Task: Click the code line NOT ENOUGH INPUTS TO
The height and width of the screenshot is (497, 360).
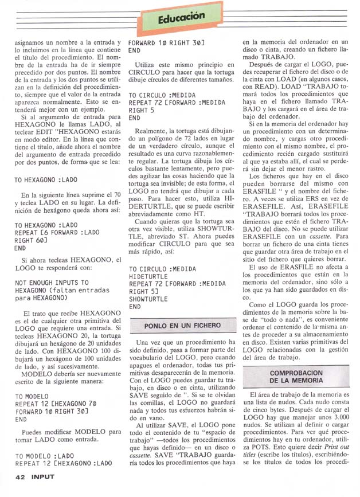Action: (x=52, y=283)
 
